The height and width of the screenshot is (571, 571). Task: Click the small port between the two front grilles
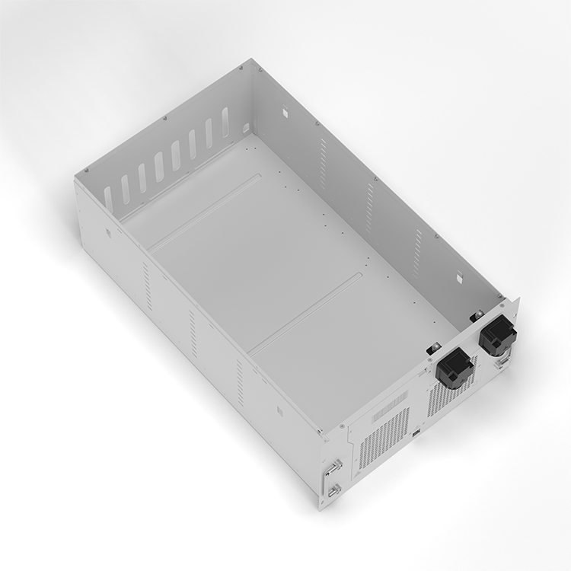pos(417,434)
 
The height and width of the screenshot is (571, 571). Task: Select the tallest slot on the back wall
pos(225,122)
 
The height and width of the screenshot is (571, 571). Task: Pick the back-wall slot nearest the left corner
pos(108,199)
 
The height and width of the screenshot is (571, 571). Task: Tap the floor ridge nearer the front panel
pos(305,312)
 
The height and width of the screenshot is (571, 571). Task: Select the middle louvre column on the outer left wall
pos(193,333)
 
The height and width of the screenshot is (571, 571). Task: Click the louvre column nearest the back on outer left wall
pos(147,286)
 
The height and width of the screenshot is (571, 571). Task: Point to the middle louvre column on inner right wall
pos(370,207)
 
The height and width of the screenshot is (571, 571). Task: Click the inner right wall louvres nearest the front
pos(417,250)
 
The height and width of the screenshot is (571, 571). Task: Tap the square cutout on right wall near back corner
pos(284,113)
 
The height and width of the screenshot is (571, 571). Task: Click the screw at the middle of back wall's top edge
pos(164,118)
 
